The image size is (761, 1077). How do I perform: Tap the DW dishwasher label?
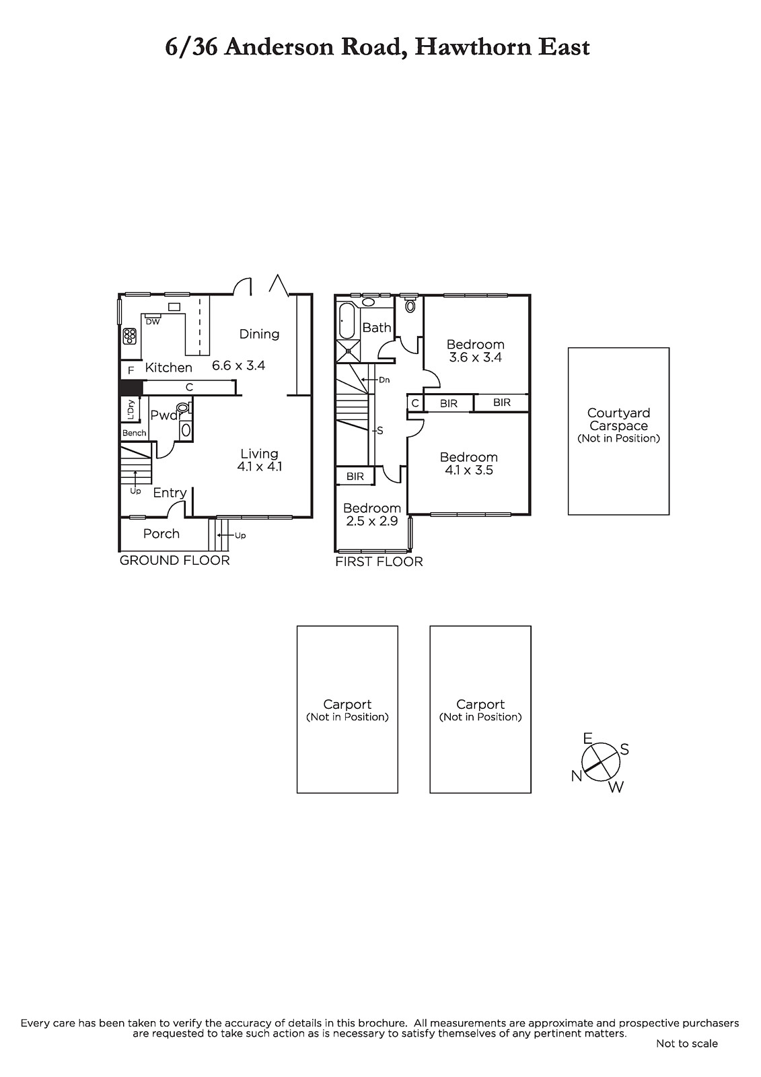[153, 322]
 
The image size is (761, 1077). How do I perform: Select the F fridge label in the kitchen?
[131, 371]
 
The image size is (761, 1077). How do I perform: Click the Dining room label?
[259, 334]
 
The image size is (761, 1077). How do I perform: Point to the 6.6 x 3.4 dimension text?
[238, 366]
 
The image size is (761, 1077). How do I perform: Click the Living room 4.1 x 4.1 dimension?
[259, 466]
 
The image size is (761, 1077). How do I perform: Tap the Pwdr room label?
[166, 415]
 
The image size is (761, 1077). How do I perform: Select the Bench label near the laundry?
[134, 433]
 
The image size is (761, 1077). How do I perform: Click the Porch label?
[161, 534]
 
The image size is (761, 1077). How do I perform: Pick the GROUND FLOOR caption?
[174, 560]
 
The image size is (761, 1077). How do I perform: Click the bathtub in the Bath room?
[347, 320]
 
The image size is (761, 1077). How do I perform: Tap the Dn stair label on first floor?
[384, 380]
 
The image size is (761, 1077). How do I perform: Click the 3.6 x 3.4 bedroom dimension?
[476, 357]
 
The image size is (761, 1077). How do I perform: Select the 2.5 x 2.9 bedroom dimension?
[371, 521]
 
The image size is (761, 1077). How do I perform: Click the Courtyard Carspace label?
[619, 419]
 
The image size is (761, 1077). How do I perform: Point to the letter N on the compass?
[577, 775]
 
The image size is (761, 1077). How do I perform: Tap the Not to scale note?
[686, 1043]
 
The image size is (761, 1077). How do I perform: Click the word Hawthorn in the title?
[473, 47]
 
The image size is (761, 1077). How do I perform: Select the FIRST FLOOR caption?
[379, 561]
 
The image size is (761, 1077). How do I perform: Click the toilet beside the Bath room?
[410, 306]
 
